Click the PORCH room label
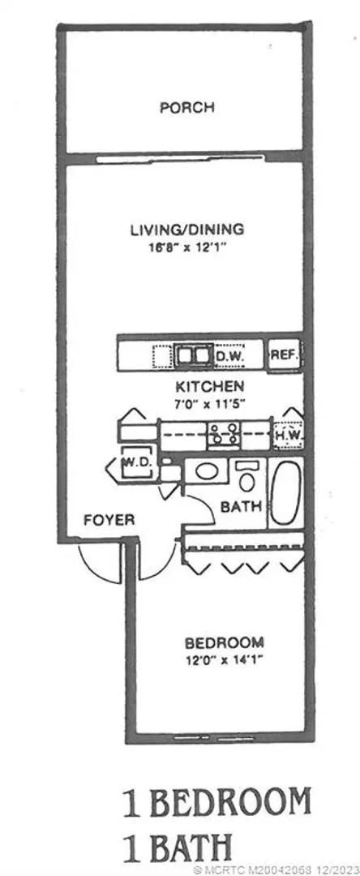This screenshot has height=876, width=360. point(187,107)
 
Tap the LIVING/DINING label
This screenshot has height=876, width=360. point(187,229)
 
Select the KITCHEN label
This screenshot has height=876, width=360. point(210,386)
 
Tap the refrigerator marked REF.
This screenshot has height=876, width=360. point(285,354)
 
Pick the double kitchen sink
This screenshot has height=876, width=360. point(192,355)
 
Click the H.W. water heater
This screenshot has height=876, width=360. point(289,434)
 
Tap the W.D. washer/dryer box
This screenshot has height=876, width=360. point(135,462)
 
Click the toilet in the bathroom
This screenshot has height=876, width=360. point(246,474)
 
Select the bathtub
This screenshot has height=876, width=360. point(286,493)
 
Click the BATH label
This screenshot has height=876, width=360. point(242,507)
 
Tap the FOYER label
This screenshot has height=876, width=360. point(109,520)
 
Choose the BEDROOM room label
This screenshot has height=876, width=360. point(225,642)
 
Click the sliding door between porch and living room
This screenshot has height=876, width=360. point(180,160)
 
